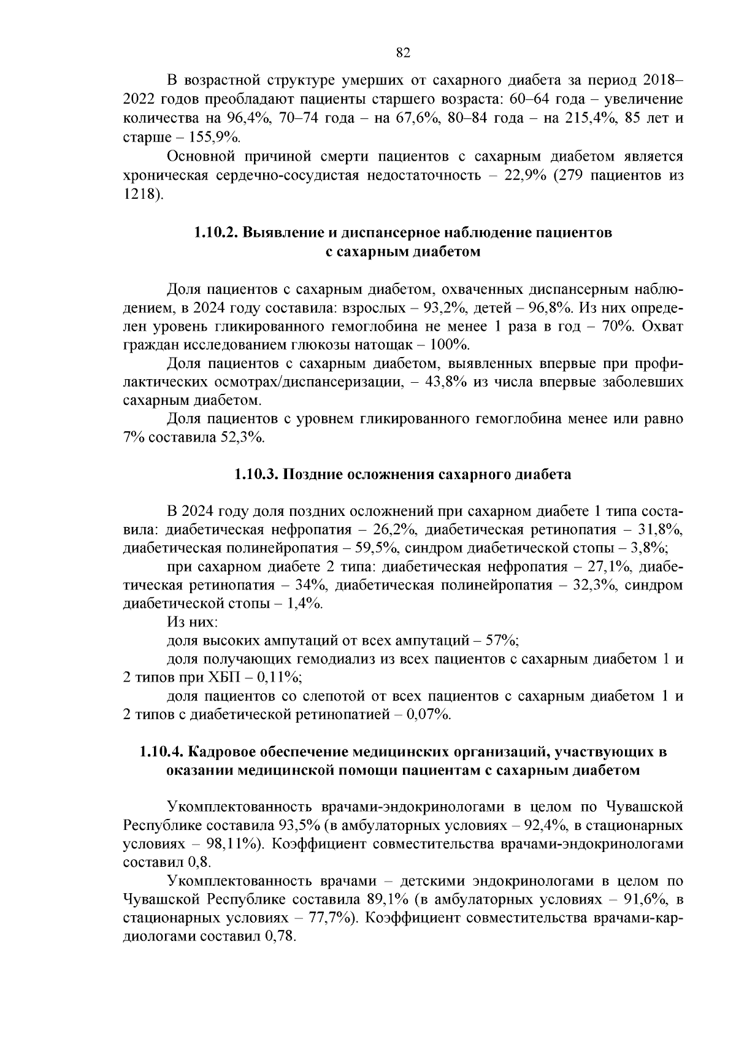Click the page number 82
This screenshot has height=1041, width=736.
click(403, 53)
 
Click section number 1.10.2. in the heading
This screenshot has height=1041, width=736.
click(215, 232)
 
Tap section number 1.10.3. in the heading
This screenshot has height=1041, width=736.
click(256, 474)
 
